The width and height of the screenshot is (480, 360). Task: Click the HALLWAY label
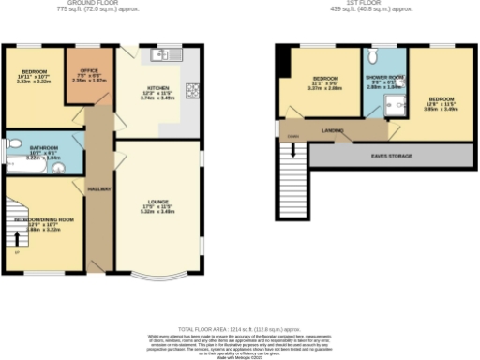coord(99,188)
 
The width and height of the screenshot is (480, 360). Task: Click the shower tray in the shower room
coord(397,105)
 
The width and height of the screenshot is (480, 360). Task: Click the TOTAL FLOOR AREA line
coord(240,318)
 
